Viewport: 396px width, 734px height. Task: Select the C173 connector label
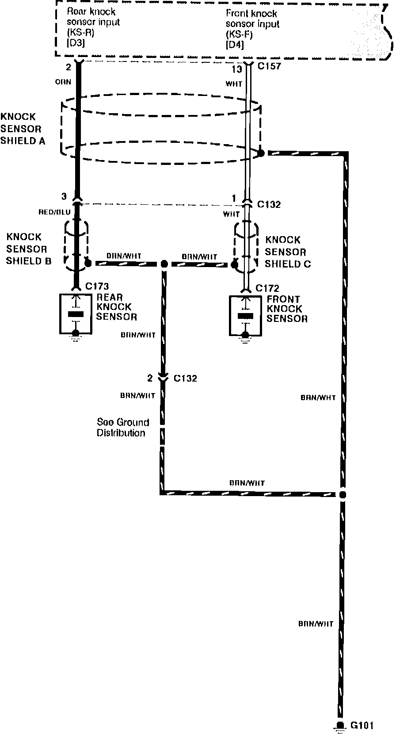[x=97, y=287]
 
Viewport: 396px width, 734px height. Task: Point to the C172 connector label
[x=267, y=288]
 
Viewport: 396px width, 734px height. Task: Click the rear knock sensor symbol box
[x=76, y=314]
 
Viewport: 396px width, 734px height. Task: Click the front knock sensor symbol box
[x=246, y=316]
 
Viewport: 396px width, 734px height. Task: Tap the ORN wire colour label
[x=63, y=82]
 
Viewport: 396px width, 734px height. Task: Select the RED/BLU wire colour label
[x=55, y=212]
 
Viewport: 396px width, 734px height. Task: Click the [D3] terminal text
[x=76, y=43]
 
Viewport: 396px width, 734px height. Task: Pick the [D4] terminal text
[x=235, y=45]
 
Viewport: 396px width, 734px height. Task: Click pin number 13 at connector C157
[x=237, y=69]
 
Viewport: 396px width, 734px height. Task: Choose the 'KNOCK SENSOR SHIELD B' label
[x=28, y=249]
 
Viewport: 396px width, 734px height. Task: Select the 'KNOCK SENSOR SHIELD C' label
[x=287, y=252]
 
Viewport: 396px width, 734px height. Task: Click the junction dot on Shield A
[x=261, y=153]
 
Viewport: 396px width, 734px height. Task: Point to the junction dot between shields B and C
[x=164, y=264]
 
